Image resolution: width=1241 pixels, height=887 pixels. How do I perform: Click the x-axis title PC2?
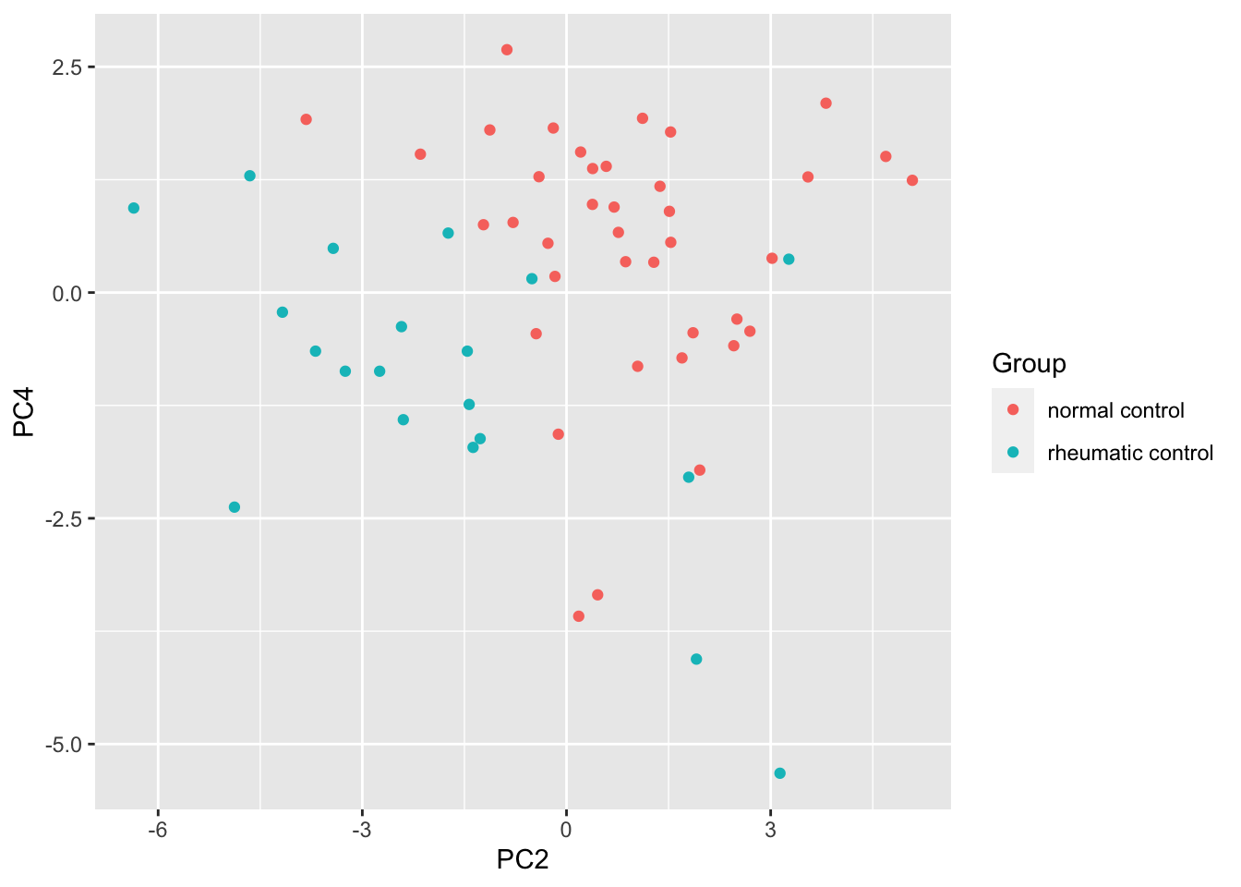523,860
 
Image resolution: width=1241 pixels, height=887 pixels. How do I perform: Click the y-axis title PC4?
24,413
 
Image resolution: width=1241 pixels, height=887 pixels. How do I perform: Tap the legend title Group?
1029,364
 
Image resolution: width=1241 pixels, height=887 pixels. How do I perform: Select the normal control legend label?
1115,410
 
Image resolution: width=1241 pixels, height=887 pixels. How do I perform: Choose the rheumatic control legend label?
1130,453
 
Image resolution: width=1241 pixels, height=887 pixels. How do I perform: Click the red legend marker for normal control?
1013,409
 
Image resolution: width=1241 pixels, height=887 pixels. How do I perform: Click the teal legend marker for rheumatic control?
1013,453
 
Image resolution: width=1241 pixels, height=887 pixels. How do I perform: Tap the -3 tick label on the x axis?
361,829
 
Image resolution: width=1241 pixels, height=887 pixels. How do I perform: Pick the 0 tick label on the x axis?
566,829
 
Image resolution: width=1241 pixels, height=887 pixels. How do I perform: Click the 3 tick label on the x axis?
770,829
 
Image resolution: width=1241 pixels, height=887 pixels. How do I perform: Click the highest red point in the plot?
507,50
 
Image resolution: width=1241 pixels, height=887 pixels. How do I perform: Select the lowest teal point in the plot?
780,773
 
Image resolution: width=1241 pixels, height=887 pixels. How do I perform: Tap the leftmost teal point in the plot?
134,208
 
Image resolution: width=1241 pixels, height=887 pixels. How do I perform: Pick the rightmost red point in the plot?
912,180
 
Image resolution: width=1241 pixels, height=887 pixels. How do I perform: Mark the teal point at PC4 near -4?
696,659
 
